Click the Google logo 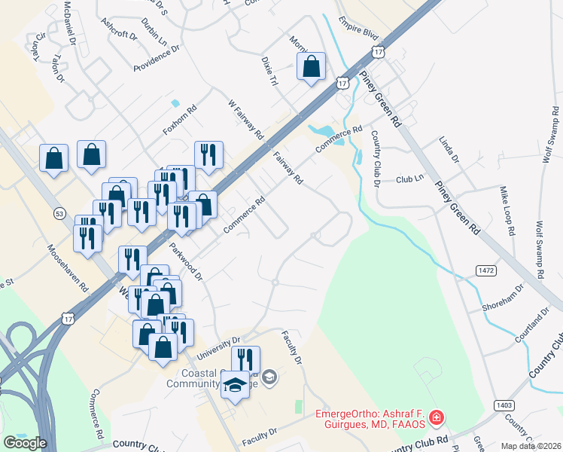tap(25, 443)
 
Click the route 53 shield tap(59, 215)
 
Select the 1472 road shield tap(485, 269)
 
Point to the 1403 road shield tap(504, 405)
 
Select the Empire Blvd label tap(358, 28)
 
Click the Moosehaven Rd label tap(67, 268)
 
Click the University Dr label tap(218, 347)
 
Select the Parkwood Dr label tap(187, 261)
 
